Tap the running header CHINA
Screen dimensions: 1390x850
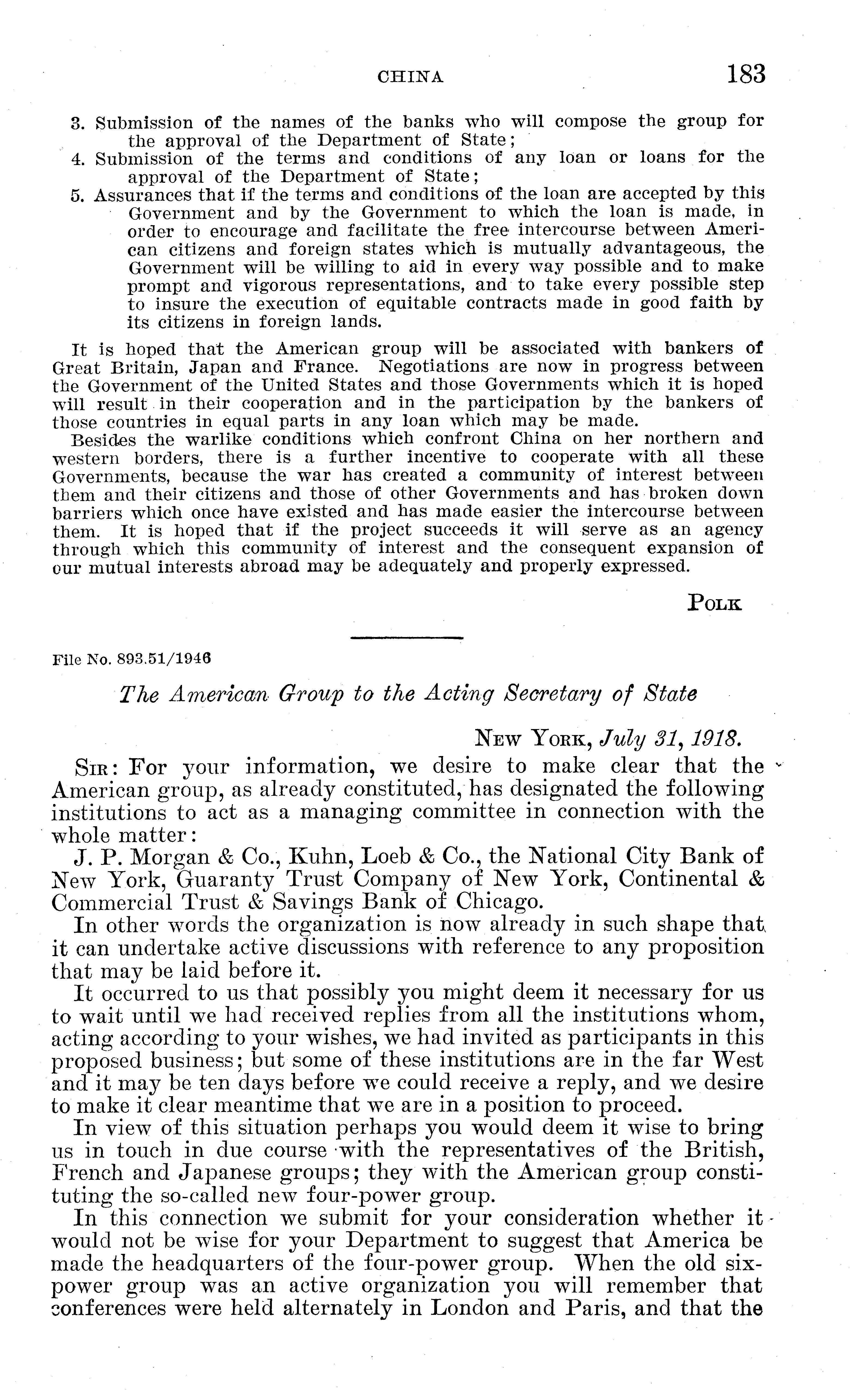point(410,77)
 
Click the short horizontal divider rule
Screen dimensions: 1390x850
point(406,638)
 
